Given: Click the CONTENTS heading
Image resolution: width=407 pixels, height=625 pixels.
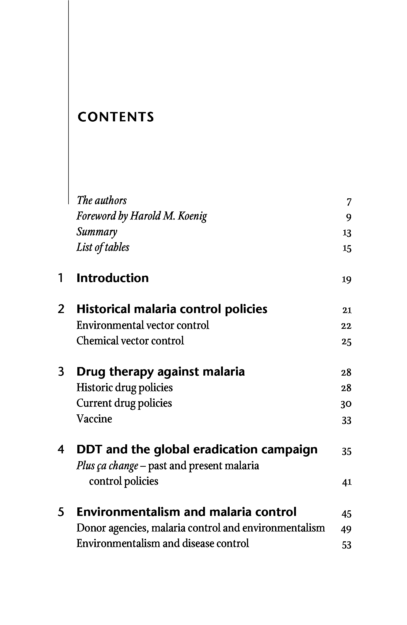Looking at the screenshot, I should [116, 117].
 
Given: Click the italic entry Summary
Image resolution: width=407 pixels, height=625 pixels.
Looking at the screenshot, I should [97, 232].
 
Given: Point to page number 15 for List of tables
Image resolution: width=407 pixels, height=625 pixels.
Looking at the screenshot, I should [347, 249].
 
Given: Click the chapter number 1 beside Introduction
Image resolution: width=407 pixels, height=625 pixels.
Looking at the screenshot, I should [61, 278].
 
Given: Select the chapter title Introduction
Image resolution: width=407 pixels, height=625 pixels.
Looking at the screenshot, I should [112, 278].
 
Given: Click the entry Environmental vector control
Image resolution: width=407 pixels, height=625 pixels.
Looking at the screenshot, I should [143, 325].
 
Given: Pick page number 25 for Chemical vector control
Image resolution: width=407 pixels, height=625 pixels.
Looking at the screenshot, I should [346, 342].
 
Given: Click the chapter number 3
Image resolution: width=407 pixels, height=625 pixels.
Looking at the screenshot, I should [61, 372].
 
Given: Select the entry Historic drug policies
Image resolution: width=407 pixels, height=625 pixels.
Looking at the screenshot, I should [124, 388].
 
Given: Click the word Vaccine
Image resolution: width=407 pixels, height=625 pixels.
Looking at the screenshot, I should [94, 419].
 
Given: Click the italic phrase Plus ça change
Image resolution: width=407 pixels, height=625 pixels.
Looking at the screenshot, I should [107, 466].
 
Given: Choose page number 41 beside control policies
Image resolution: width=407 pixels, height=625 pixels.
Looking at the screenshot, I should [347, 482].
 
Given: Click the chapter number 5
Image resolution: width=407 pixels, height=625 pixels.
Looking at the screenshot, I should [61, 512].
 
